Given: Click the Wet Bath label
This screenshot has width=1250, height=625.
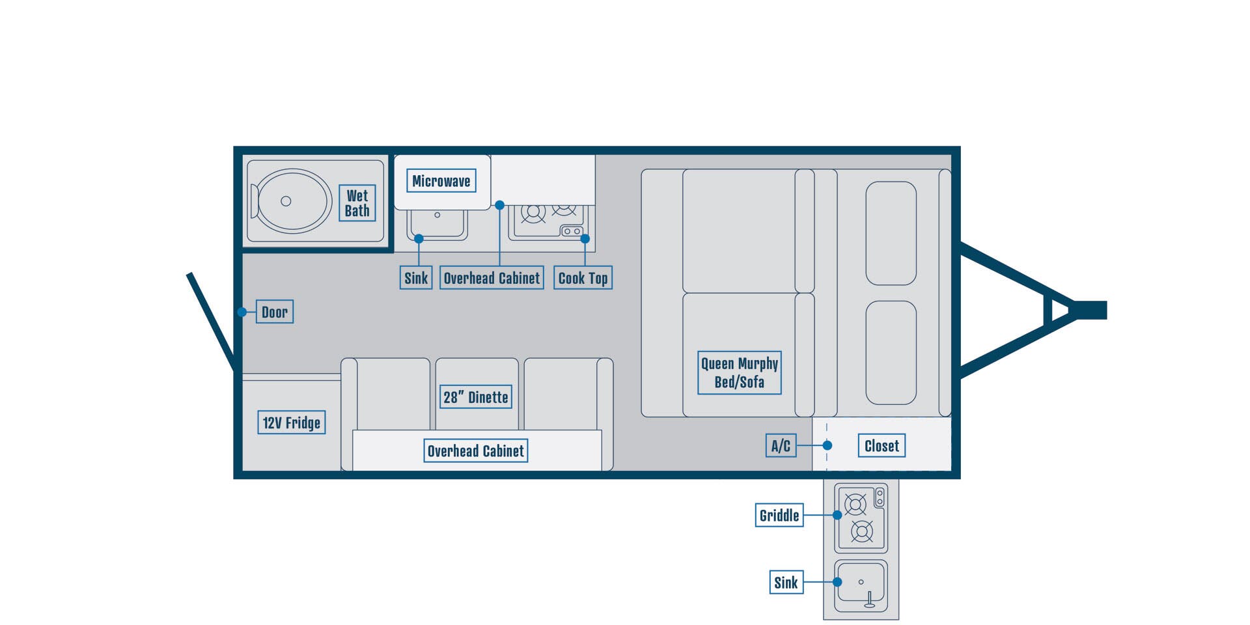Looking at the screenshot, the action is click(x=357, y=203).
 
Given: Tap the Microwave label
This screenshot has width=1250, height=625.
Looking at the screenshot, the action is click(x=441, y=181).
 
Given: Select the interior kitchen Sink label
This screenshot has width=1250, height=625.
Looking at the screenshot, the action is click(x=416, y=278).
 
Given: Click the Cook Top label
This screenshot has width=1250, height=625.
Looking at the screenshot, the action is click(x=583, y=278).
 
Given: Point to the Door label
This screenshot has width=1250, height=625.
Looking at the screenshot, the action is click(x=275, y=312).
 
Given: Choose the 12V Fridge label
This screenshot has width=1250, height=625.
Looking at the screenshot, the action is click(x=292, y=423).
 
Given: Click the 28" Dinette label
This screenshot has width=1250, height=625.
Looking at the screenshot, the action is click(x=476, y=397).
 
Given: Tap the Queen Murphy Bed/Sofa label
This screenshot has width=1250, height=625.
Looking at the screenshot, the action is click(x=740, y=372).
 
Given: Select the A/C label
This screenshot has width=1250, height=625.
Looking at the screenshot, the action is click(x=781, y=446).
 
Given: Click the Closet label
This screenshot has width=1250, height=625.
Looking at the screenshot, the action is click(x=882, y=446).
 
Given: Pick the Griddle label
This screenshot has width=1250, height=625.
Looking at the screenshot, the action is click(x=779, y=515).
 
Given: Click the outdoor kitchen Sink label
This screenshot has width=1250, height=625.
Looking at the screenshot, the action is click(x=786, y=582).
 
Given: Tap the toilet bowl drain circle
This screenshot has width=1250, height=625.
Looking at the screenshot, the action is click(x=286, y=201).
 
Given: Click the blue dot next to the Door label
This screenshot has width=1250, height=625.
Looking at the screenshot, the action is click(x=242, y=312).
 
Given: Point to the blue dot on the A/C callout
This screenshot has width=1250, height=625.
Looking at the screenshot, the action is click(x=827, y=446).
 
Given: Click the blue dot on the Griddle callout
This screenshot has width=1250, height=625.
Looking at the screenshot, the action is click(x=837, y=515).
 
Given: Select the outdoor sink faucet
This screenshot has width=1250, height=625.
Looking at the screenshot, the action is click(x=870, y=600).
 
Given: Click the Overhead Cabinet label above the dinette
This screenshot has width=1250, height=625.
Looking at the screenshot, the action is click(x=476, y=451).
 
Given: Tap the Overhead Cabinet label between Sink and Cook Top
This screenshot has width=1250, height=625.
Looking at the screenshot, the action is click(x=492, y=278).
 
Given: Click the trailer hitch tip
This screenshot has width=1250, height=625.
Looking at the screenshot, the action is click(x=1106, y=310).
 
